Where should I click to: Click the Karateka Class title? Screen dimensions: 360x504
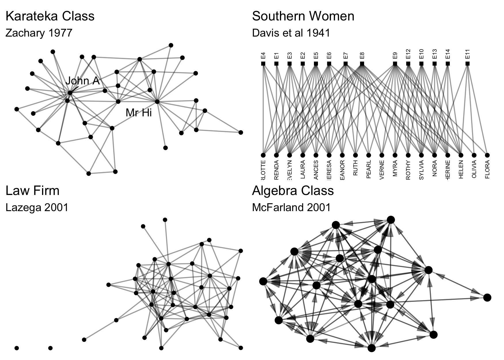click(50, 16)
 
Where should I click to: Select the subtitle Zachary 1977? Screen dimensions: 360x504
click(39, 33)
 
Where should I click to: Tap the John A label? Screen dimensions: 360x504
click(83, 81)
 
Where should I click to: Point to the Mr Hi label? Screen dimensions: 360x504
click(139, 113)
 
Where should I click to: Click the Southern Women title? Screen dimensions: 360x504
click(303, 16)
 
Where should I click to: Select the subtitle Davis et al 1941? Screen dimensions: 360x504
click(291, 33)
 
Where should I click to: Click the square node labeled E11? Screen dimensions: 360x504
click(467, 64)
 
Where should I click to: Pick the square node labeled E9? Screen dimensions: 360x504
click(395, 64)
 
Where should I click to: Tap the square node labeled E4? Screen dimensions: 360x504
click(263, 64)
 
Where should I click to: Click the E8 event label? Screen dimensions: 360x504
click(362, 56)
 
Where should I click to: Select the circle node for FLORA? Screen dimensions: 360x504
click(487, 155)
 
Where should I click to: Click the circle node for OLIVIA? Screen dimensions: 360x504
click(474, 155)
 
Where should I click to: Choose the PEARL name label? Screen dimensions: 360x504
click(369, 169)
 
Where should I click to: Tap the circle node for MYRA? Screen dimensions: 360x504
click(395, 155)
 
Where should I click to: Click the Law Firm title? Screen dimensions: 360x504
click(33, 191)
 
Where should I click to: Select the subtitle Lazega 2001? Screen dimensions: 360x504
click(37, 207)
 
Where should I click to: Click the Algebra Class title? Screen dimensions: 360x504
click(293, 191)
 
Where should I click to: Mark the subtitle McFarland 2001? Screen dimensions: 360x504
click(291, 207)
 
